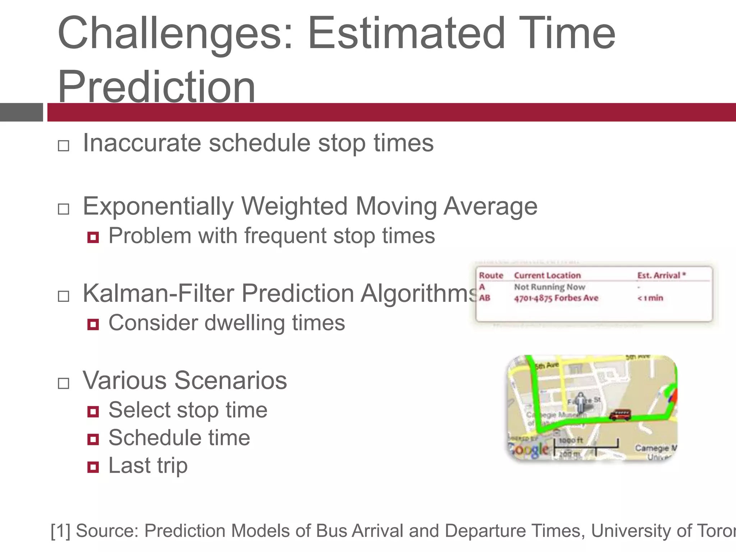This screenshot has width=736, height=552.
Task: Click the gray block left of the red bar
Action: point(21,112)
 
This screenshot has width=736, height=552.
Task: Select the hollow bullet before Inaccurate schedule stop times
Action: point(64,146)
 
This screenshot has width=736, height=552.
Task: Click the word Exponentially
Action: point(158,207)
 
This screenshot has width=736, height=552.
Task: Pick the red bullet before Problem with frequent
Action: point(93,237)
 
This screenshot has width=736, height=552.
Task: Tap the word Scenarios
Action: point(230,380)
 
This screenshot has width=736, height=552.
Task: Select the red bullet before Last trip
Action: point(93,467)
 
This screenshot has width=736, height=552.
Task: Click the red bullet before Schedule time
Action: point(93,439)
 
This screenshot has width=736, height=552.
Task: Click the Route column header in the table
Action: point(491,275)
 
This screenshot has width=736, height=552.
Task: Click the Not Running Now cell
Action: point(549,287)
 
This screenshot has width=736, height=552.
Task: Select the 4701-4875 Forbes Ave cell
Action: point(556,298)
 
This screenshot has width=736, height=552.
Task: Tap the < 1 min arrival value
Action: point(650,298)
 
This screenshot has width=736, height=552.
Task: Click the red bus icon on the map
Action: point(620,415)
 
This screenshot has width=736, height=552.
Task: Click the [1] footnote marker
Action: point(60,531)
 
